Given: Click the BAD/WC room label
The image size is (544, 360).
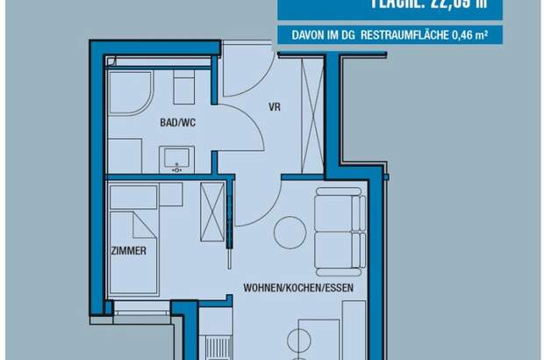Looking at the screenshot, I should (x=178, y=122).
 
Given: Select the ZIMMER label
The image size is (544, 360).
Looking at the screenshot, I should (x=129, y=251).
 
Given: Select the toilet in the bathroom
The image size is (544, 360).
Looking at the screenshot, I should (x=183, y=88).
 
